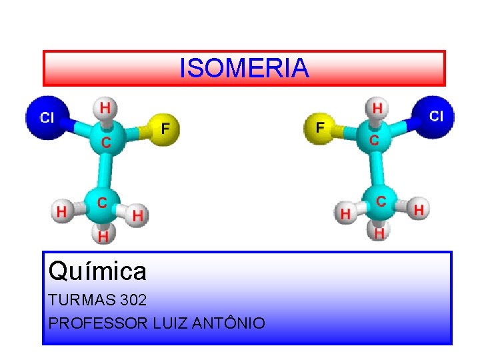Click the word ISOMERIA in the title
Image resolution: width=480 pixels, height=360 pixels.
pyautogui.click(x=244, y=68)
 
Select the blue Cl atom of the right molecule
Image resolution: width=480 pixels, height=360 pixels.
pyautogui.click(x=435, y=116)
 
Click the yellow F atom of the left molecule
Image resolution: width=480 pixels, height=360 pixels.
pyautogui.click(x=166, y=128)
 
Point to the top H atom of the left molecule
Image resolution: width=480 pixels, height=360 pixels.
pyautogui.click(x=105, y=107)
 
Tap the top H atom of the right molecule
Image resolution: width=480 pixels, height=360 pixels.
pyautogui.click(x=377, y=107)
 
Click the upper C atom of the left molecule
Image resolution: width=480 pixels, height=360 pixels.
pyautogui.click(x=105, y=141)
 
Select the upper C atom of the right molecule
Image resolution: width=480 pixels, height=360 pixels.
pyautogui.click(x=374, y=140)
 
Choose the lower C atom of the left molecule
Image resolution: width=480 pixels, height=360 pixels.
pyautogui.click(x=102, y=201)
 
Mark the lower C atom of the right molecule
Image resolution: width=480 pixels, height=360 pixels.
pyautogui.click(x=380, y=201)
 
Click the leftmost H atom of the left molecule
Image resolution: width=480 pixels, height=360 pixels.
pyautogui.click(x=61, y=211)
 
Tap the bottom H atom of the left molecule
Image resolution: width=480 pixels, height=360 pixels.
pyautogui.click(x=103, y=235)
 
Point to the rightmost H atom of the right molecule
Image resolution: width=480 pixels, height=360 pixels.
pyautogui.click(x=419, y=210)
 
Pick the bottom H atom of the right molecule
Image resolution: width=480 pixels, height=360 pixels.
pyautogui.click(x=379, y=233)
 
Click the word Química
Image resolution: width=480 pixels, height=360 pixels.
pyautogui.click(x=97, y=271)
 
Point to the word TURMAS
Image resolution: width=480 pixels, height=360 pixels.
pyautogui.click(x=75, y=301)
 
